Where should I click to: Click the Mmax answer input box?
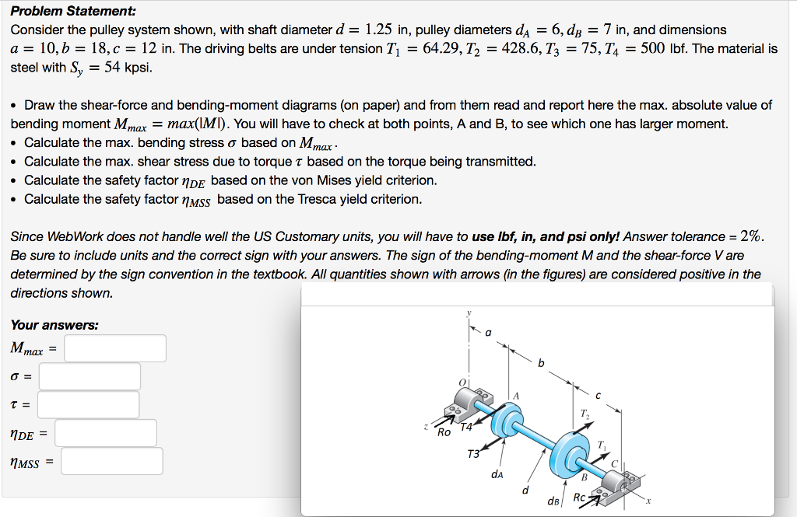point(115,348)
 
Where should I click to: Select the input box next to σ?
point(90,376)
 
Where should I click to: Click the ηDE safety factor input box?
point(105,433)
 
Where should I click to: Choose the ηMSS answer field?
point(111,461)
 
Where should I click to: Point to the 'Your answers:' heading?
point(54,325)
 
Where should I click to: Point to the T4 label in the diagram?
point(466,427)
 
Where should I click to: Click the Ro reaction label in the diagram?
point(444,431)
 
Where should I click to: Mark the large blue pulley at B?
point(574,449)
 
